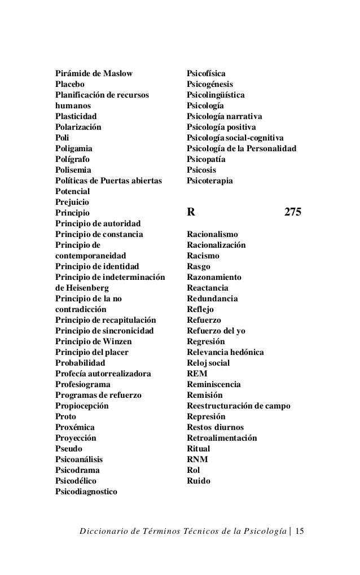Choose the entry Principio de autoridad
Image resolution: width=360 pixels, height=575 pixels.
pyautogui.click(x=98, y=223)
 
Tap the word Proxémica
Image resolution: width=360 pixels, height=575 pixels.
pyautogui.click(x=74, y=427)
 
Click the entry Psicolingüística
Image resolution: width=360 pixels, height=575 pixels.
pyautogui.click(x=216, y=95)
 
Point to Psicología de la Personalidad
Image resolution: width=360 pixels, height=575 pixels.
pyautogui.click(x=242, y=148)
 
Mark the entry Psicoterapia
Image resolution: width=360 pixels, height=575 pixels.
pyautogui.click(x=209, y=181)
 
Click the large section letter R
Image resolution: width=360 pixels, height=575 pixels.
pyautogui.click(x=191, y=213)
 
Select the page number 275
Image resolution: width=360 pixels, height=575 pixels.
pyautogui.click(x=293, y=213)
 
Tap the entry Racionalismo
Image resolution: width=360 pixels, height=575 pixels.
pyautogui.click(x=212, y=234)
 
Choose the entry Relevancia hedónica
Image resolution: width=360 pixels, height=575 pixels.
pyautogui.click(x=225, y=352)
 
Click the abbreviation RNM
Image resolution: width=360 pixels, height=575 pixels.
pyautogui.click(x=197, y=459)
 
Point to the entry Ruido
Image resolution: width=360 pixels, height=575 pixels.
pyautogui.click(x=198, y=481)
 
